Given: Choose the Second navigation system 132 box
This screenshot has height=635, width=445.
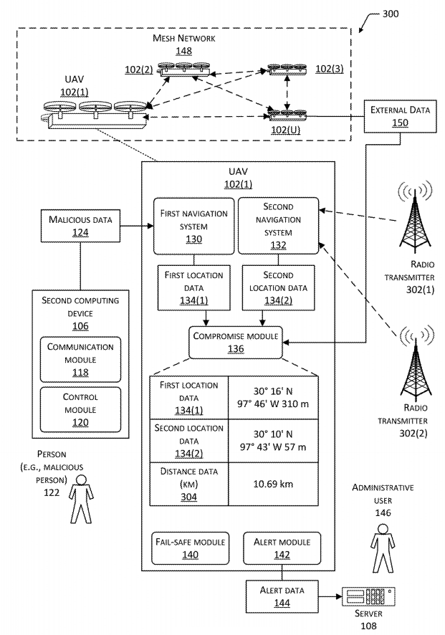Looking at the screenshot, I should [278, 226].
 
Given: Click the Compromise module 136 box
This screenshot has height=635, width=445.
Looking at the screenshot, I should [235, 343].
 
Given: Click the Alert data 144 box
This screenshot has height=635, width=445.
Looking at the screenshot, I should [282, 597].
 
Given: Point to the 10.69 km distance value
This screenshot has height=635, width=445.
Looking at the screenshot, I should [273, 484].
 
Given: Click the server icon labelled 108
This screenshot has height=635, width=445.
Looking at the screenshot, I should [368, 596].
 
